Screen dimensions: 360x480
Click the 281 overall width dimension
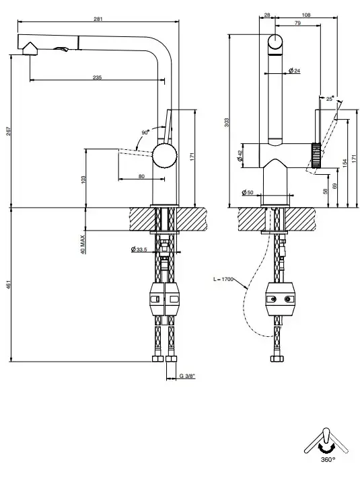click(x=98, y=19)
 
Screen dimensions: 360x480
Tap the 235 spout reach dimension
click(x=97, y=77)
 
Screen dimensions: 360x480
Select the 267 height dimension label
click(x=8, y=131)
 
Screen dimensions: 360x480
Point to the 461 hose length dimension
click(x=8, y=284)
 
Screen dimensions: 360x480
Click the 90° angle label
click(x=145, y=132)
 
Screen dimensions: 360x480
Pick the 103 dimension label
click(x=83, y=179)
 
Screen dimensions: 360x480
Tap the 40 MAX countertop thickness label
click(x=83, y=244)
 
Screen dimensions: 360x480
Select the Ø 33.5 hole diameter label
click(x=139, y=249)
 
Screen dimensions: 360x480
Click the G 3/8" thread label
click(x=187, y=376)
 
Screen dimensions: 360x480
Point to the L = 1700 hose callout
click(x=223, y=279)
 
